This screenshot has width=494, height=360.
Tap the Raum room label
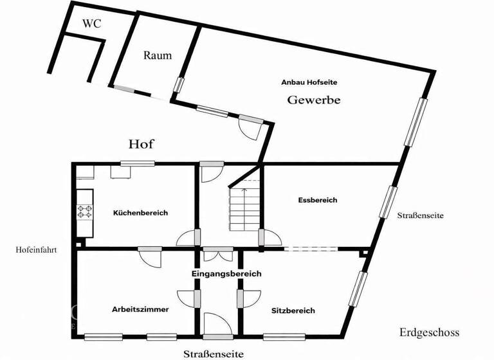tap(158, 55)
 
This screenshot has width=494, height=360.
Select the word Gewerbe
tap(313, 100)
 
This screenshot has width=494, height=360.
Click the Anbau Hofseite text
tap(309, 82)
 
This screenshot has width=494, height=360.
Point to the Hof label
tap(142, 143)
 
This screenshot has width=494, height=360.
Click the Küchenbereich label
tap(140, 213)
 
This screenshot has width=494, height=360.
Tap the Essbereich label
tap(318, 200)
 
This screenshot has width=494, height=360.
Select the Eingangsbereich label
tap(226, 274)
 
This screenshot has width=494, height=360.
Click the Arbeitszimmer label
tap(140, 309)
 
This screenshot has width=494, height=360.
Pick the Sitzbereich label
tap(293, 310)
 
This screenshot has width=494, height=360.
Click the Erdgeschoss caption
tap(429, 332)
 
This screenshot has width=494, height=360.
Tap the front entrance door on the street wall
tap(217, 325)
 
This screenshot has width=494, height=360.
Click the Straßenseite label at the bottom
tap(213, 354)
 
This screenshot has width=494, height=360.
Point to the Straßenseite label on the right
tap(420, 216)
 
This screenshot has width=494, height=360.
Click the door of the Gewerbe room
tap(250, 127)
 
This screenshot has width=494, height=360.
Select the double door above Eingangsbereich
tap(217, 254)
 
